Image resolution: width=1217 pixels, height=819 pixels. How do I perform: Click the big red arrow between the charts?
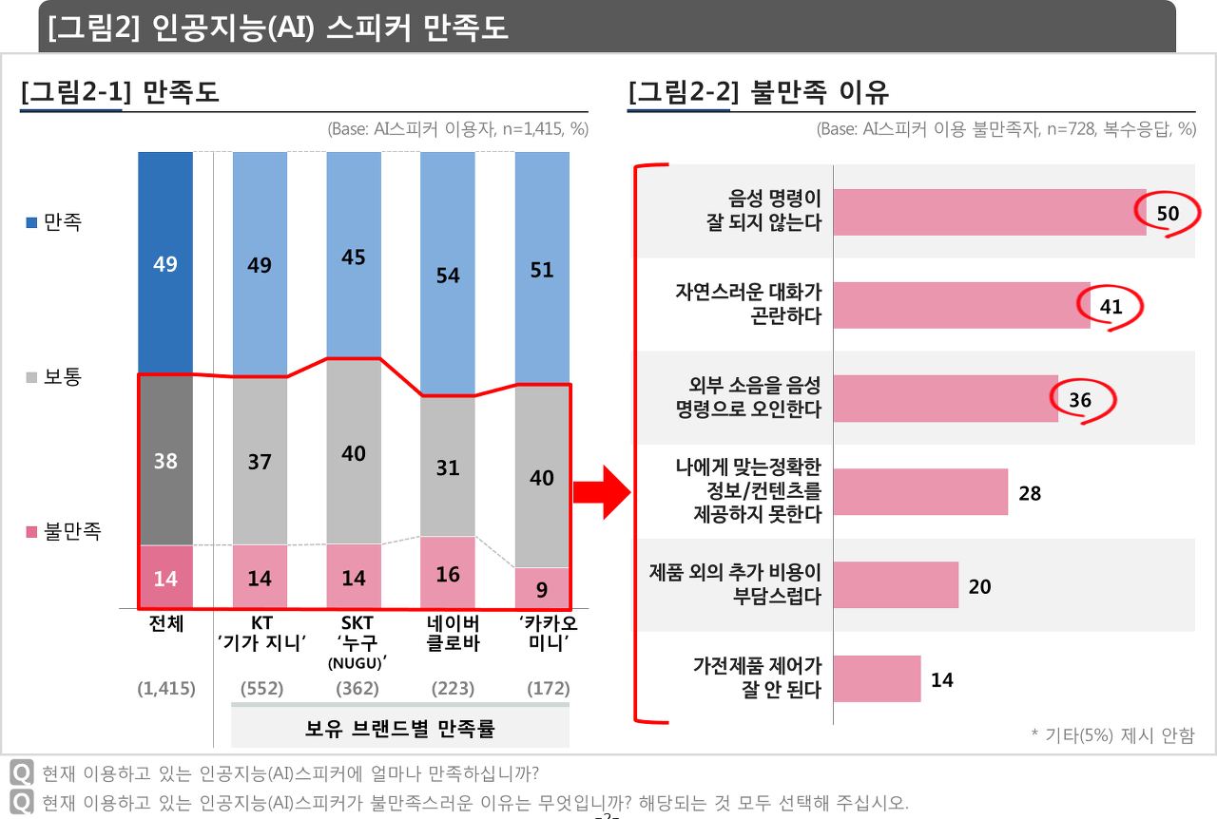(602, 492)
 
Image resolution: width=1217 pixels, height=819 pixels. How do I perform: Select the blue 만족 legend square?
(31, 223)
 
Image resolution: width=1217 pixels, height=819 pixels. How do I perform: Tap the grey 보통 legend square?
(31, 378)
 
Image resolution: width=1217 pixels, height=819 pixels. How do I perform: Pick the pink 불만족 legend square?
(31, 532)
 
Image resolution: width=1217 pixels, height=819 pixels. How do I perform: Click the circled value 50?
(1168, 213)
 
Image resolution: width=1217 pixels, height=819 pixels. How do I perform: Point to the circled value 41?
(1111, 306)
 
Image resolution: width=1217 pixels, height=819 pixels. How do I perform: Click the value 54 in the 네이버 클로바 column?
(448, 276)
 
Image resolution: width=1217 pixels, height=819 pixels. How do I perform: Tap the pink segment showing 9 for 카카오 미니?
(542, 588)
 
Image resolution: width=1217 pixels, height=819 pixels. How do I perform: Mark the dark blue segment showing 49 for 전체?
(165, 263)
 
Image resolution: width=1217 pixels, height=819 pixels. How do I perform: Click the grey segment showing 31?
(448, 467)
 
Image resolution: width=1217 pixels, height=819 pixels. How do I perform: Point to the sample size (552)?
(261, 688)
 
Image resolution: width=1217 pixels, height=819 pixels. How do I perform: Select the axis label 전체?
(165, 623)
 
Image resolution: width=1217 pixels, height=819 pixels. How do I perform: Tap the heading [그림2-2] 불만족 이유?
(758, 92)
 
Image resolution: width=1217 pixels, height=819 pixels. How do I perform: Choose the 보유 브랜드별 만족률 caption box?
(400, 729)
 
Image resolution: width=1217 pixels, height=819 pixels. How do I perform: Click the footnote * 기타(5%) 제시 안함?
(1111, 734)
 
